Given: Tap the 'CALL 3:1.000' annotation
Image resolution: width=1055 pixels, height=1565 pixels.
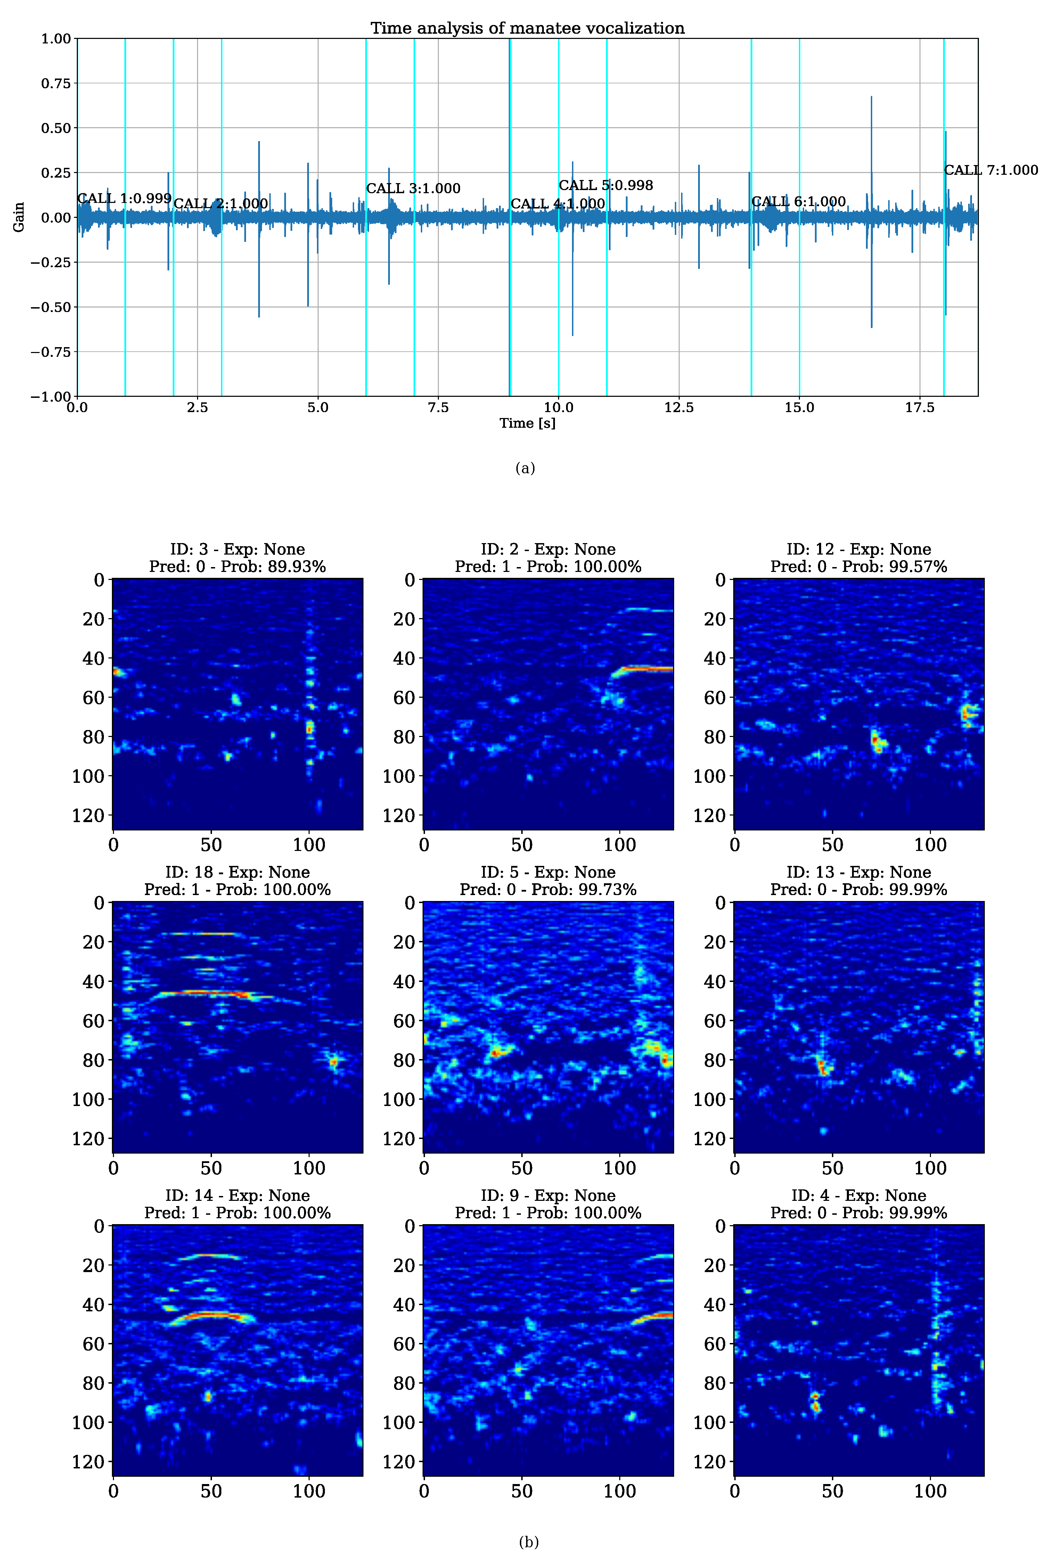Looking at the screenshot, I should (x=413, y=188).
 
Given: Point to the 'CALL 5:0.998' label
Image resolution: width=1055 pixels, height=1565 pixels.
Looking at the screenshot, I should (x=606, y=185).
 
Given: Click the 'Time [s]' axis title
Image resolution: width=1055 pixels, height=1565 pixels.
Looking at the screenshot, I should (x=527, y=423).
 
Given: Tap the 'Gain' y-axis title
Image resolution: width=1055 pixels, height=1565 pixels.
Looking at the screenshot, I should (x=19, y=217).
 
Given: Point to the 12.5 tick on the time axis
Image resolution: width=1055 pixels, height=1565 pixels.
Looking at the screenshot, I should (x=679, y=408).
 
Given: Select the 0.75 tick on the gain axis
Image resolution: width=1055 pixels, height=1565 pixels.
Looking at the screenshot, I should (x=56, y=83).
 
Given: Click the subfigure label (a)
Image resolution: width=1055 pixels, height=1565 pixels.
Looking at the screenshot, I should (x=525, y=468).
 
